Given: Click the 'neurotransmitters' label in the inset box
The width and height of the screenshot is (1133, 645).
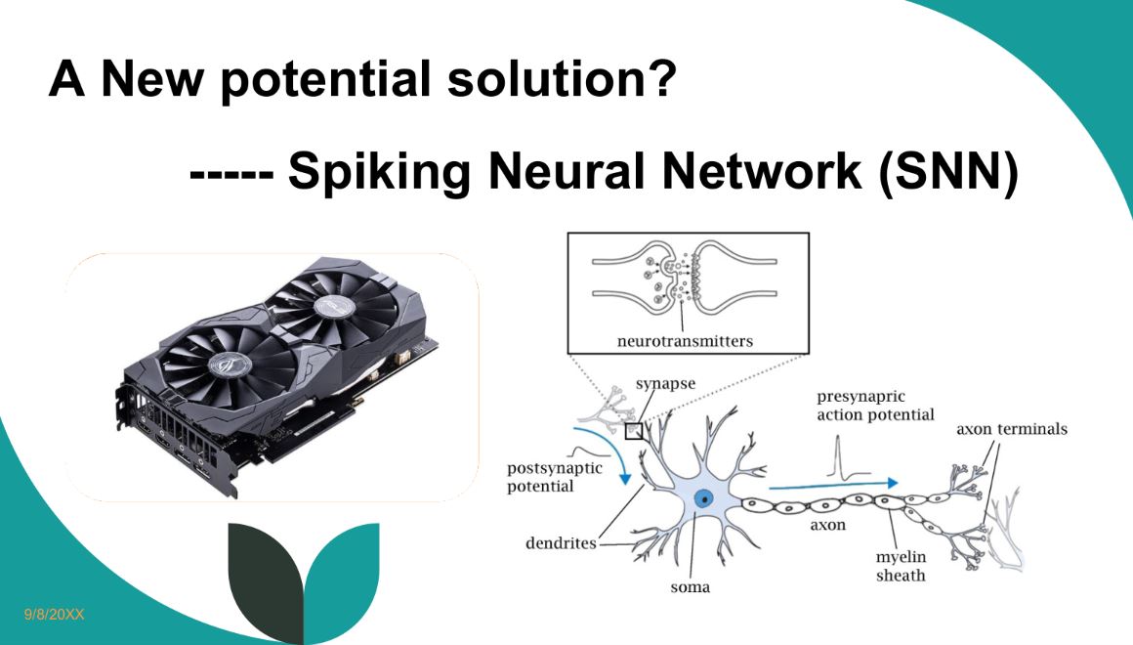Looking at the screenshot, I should click(689, 341).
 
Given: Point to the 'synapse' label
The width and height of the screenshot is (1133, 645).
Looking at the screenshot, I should click(665, 383).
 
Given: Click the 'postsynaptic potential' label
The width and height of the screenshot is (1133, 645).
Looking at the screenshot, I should click(554, 477).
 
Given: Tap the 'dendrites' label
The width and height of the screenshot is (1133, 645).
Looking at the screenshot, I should click(561, 543).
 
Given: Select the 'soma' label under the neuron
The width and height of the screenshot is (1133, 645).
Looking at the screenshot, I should click(690, 587).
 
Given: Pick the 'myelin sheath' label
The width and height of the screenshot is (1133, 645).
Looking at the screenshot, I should click(900, 566).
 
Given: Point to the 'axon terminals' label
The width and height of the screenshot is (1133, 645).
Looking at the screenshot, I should click(1011, 429).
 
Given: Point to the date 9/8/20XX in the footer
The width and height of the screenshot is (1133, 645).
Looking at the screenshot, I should click(55, 614).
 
